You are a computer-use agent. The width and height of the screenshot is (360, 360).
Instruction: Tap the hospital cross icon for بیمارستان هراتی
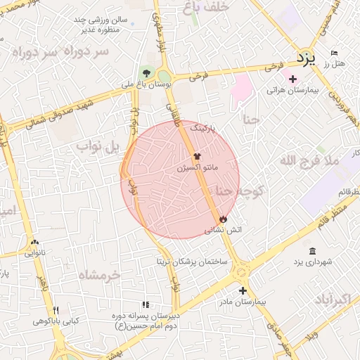point(293,79)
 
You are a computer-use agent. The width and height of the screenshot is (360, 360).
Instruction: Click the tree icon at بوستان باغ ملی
point(146,72)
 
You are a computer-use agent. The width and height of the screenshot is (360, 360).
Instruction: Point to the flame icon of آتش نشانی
point(224,219)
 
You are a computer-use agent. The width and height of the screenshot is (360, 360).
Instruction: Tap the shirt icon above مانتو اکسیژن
point(197,157)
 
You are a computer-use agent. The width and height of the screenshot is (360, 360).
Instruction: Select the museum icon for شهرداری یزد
point(312,251)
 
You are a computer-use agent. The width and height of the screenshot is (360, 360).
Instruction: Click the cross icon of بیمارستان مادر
point(243,290)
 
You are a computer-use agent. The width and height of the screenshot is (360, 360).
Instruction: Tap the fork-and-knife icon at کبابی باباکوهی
point(56,310)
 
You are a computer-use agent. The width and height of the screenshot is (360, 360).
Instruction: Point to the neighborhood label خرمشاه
point(98,274)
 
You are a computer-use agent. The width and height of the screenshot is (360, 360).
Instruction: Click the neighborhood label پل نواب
point(100,146)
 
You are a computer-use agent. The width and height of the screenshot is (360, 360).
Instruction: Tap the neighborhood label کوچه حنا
point(239,191)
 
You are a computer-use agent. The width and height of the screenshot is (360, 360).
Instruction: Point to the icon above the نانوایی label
point(34,242)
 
